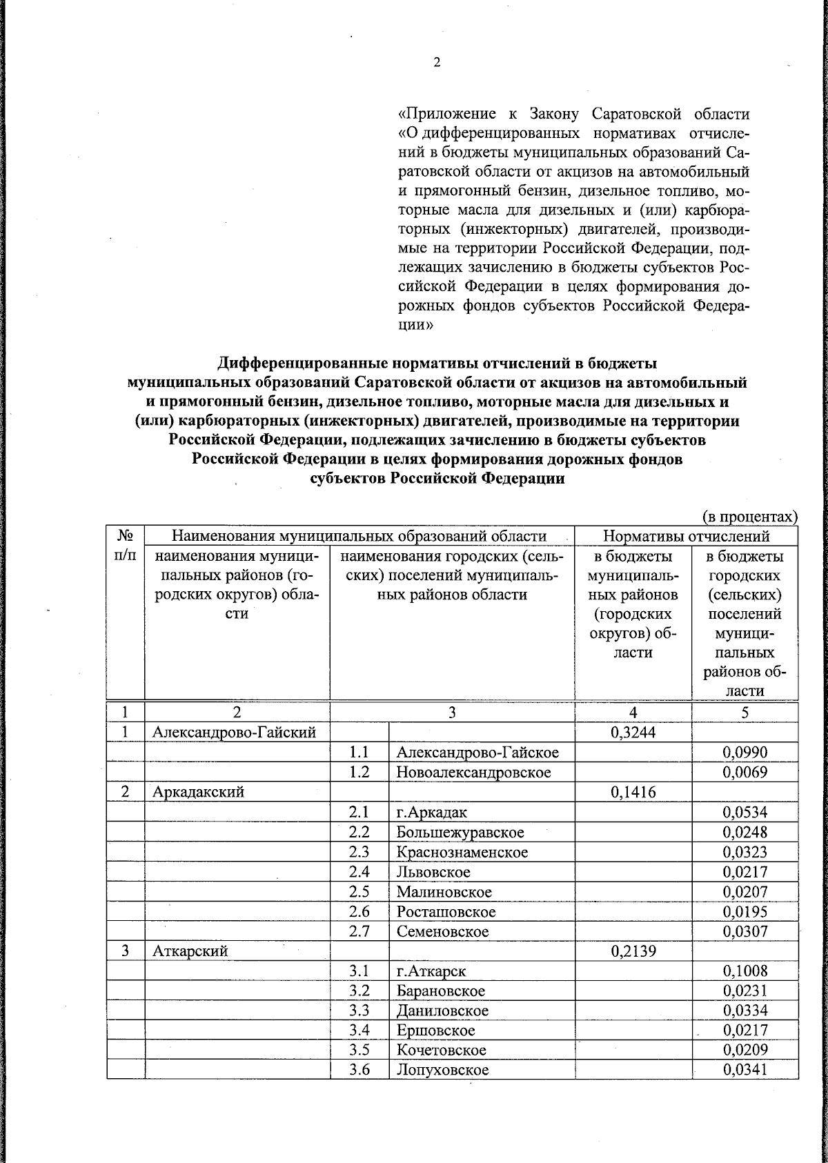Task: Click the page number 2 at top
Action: coord(437,63)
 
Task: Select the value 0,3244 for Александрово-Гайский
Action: coord(633,733)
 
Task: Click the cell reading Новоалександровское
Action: coord(473,773)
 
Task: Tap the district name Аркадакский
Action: coord(199,792)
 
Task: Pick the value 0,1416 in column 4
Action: coord(633,792)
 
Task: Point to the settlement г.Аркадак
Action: coord(432,813)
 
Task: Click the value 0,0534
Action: coord(745,813)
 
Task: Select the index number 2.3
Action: coord(359,852)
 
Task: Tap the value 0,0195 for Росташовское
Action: coord(745,912)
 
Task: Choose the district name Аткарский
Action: coord(190,951)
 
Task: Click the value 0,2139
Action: coord(633,951)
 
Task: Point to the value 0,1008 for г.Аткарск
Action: coord(745,971)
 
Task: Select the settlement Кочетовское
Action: coord(442,1051)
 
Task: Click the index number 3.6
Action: coord(359,1071)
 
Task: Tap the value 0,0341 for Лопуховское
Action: coord(745,1071)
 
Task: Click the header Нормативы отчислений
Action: coord(686,536)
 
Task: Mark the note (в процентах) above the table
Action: coord(749,517)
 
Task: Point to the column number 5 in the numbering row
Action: coord(745,713)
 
